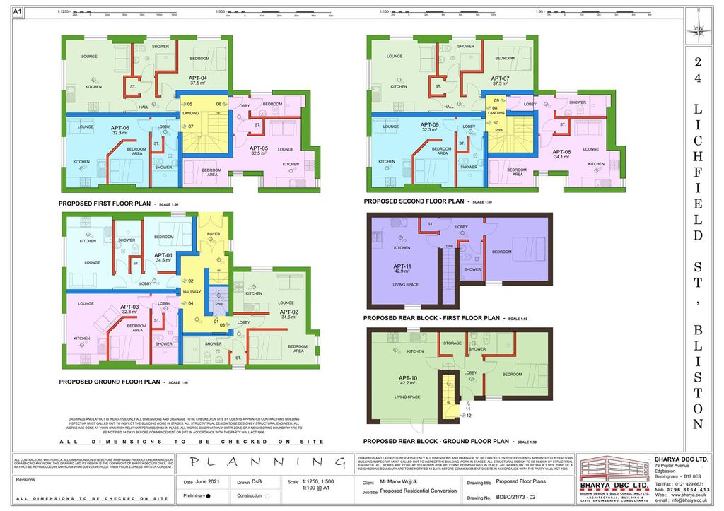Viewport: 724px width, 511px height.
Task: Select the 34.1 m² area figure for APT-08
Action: pos(561,157)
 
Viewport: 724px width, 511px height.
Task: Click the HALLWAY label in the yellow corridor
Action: pos(192,291)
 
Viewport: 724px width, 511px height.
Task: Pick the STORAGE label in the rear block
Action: pos(452,343)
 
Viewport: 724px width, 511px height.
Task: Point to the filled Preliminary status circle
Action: pos(209,495)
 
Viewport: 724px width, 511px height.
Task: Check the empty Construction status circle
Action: pos(268,495)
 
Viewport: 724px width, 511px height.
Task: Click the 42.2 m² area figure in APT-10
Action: pos(403,386)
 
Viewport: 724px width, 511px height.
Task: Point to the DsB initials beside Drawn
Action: pos(265,483)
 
